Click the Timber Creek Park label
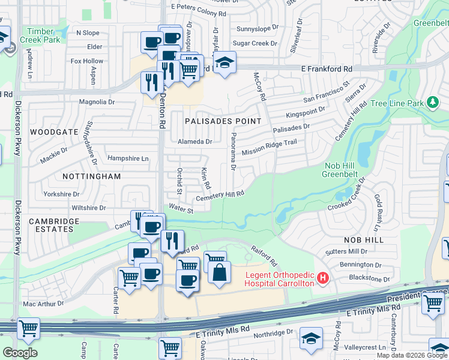(x=40, y=35)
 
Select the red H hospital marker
(x=324, y=278)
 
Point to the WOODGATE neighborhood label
(x=54, y=131)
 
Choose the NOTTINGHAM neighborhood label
(x=92, y=176)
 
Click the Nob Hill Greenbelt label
(x=349, y=170)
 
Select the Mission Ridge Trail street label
(x=270, y=148)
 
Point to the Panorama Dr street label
(x=233, y=152)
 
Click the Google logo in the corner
(x=20, y=353)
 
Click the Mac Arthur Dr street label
(x=43, y=304)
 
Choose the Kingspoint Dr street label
(x=306, y=112)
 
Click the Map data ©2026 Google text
(x=412, y=355)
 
